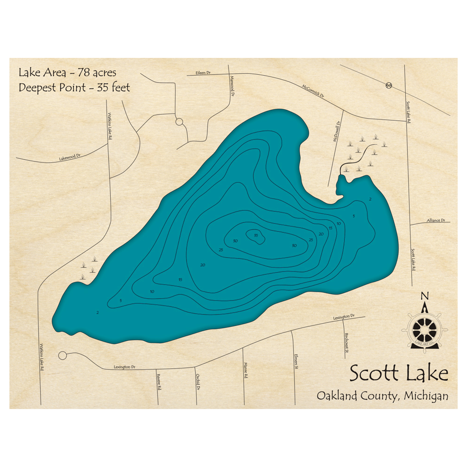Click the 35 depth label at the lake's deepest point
tap(256, 235)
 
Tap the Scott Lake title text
tap(399, 374)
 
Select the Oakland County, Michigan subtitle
tap(382, 396)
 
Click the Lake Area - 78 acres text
tap(67, 73)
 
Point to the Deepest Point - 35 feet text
tap(74, 87)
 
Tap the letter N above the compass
tap(425, 296)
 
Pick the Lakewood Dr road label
tap(70, 158)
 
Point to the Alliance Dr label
tap(436, 220)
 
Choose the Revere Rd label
tap(159, 382)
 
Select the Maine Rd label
tap(245, 371)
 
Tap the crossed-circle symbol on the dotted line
tap(389, 85)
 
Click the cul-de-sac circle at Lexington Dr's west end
tap(63, 356)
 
